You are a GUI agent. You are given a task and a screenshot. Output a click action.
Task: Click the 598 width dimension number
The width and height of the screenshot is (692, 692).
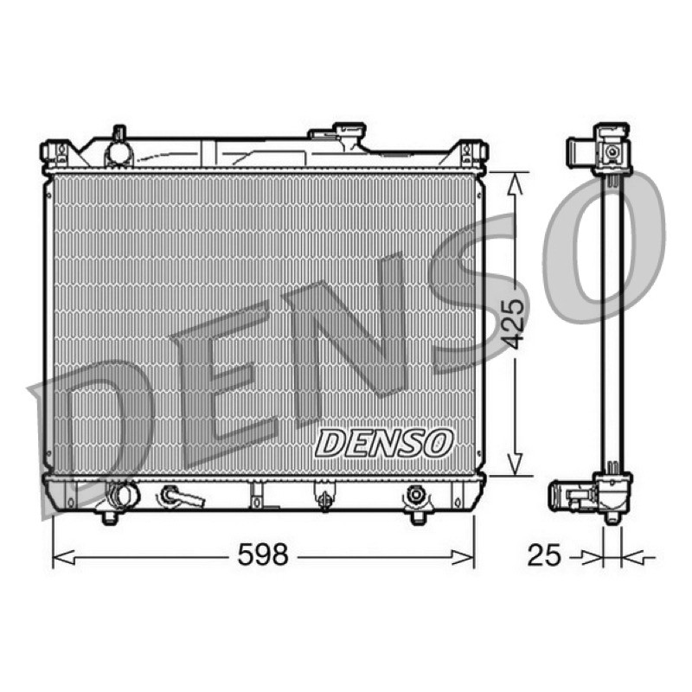point(263,554)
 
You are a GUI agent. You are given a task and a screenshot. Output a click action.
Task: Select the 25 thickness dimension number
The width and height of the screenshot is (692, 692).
point(544,554)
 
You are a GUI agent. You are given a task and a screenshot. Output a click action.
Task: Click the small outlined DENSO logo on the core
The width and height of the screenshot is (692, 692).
point(383,443)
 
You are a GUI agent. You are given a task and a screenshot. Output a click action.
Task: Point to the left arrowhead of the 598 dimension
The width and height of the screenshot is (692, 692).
point(63,557)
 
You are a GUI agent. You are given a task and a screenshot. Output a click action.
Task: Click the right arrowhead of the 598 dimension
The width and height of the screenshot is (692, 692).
point(463,557)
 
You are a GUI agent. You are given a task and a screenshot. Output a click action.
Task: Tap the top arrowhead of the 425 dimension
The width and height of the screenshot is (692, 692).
point(515,183)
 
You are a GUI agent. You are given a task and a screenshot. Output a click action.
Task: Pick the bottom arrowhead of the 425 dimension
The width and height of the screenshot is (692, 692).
point(515,465)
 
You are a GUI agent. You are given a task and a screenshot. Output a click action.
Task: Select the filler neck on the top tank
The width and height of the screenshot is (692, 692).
point(349,137)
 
